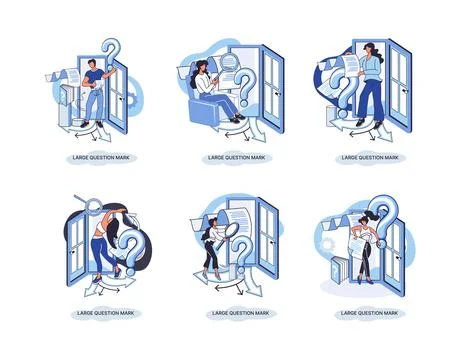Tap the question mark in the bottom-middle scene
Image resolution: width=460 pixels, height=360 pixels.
241,263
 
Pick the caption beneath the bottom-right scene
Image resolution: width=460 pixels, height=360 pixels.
361,315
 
